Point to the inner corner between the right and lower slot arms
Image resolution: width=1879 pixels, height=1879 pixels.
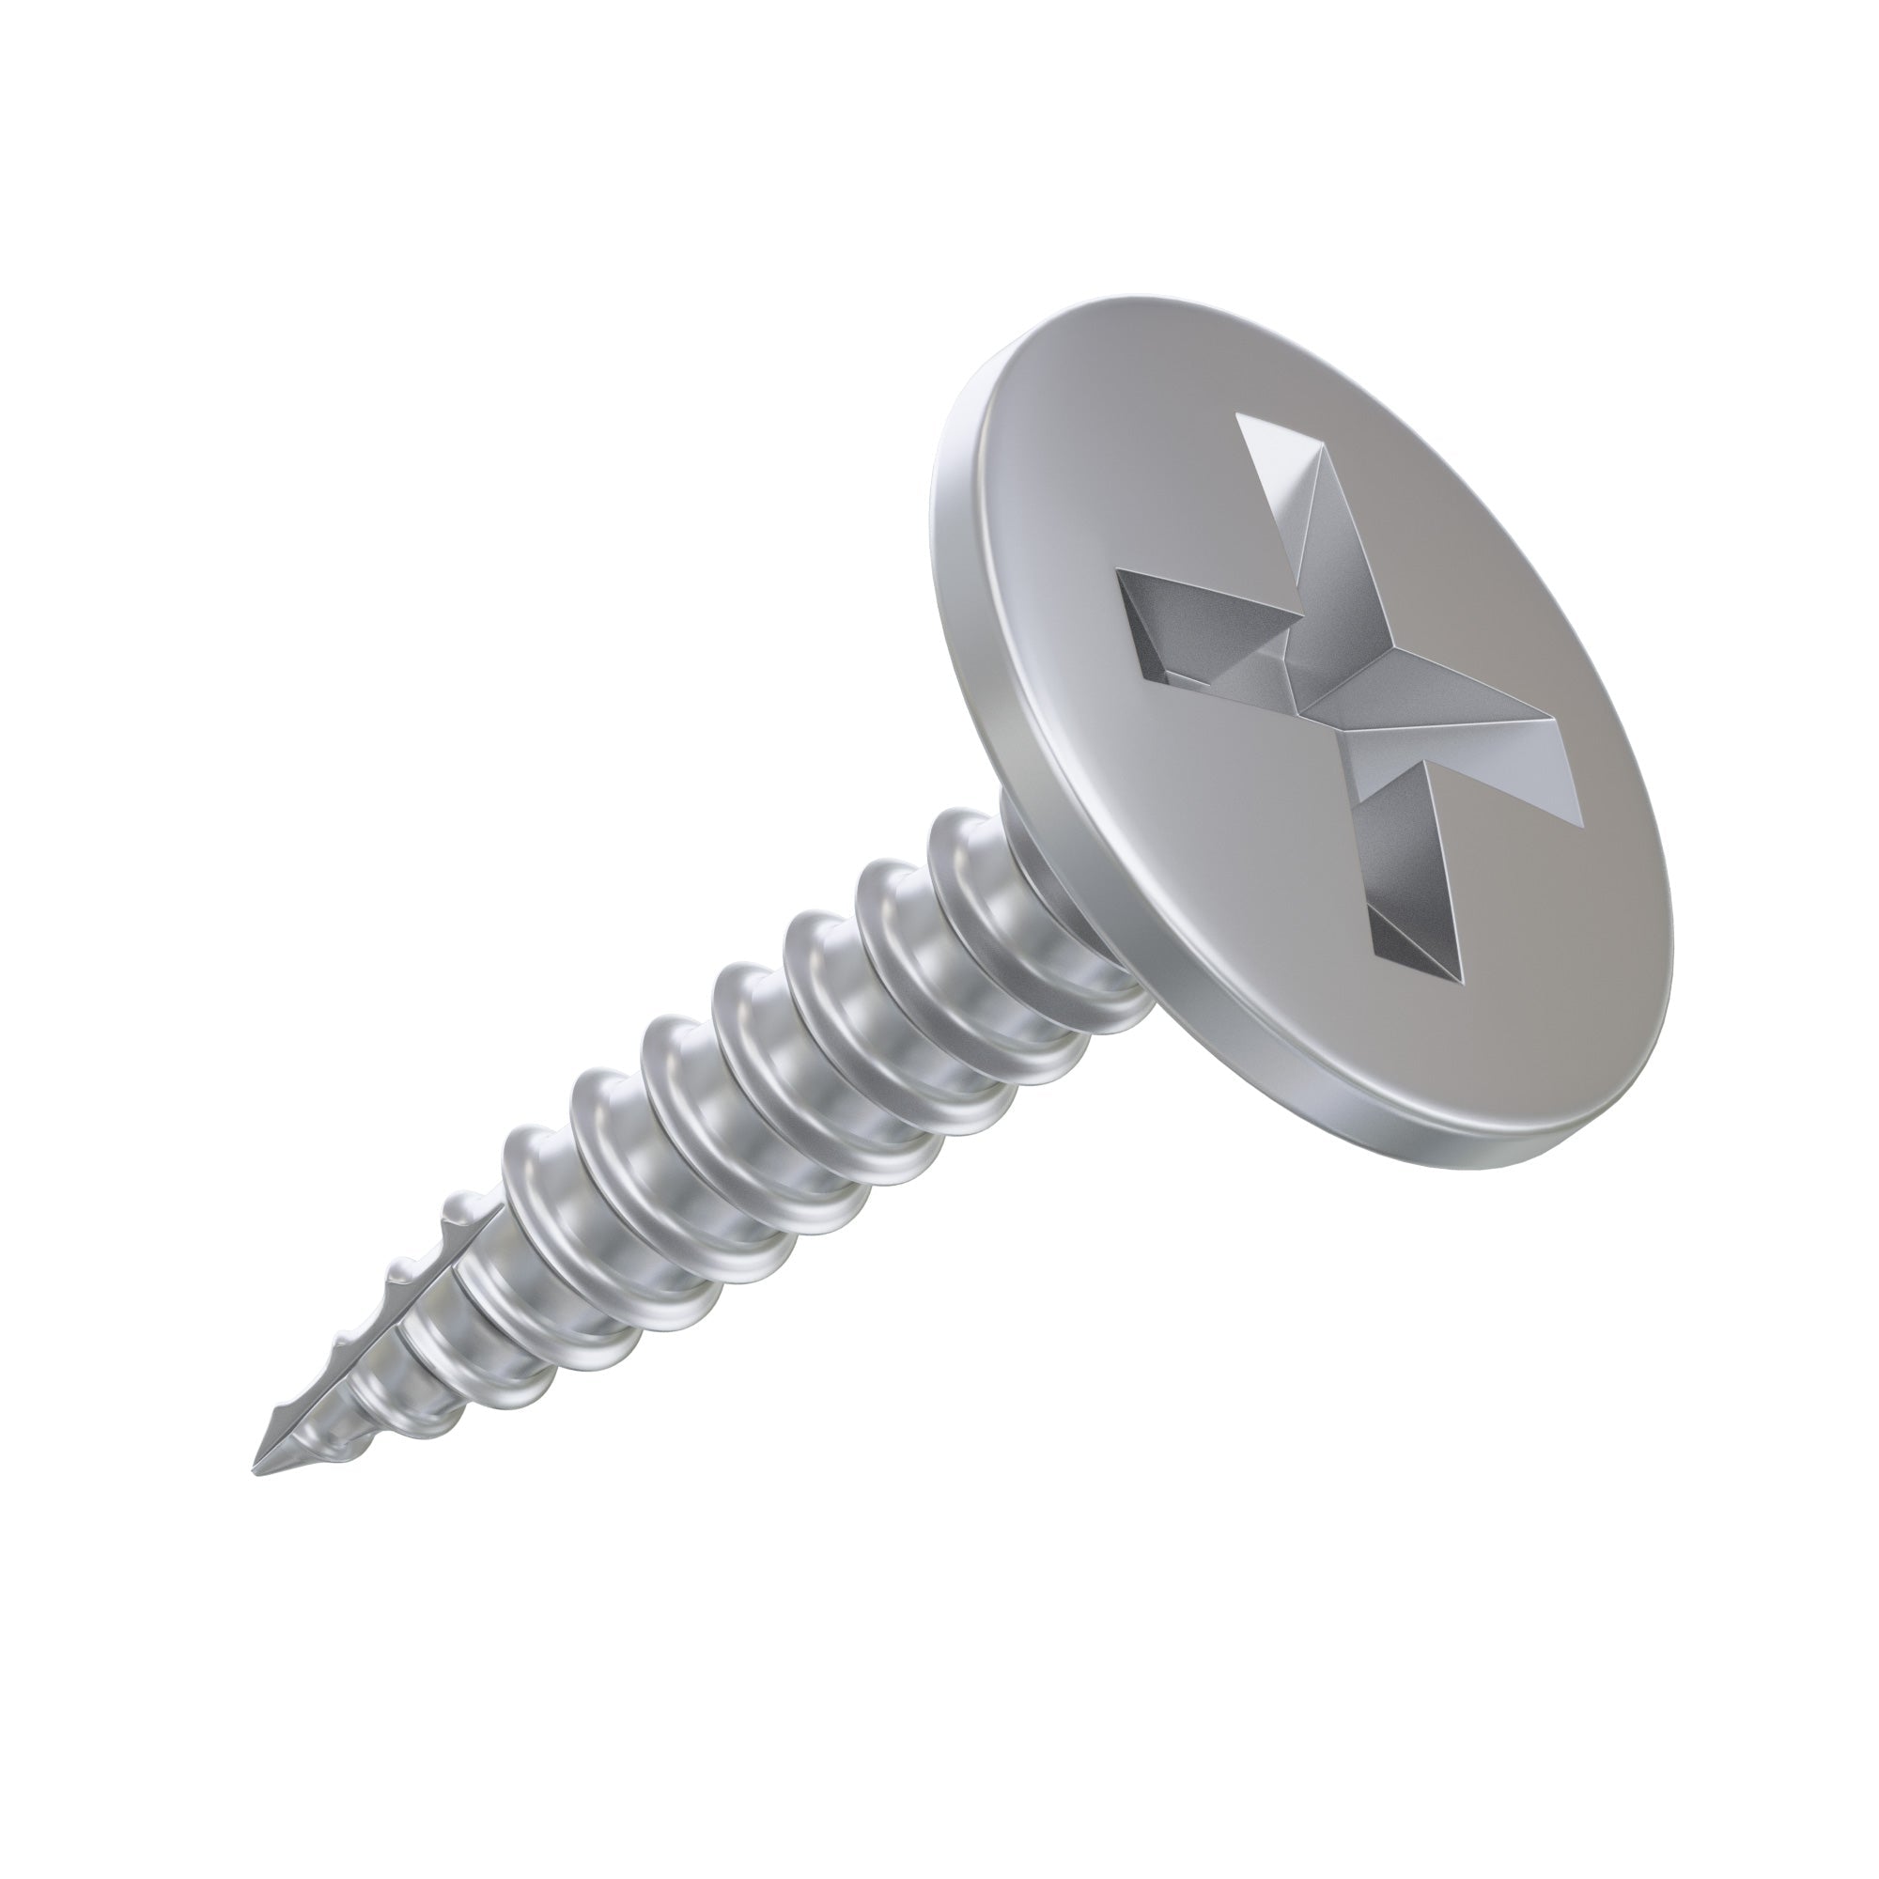[1352, 769]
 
